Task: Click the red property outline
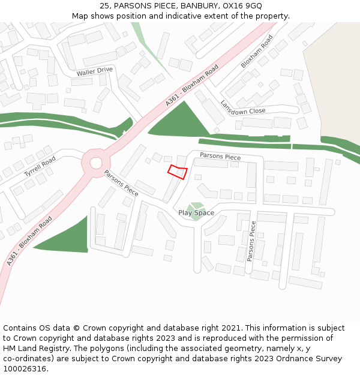coord(177,172)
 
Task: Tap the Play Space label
coord(196,213)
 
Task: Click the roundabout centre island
coord(96,163)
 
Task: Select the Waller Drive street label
coord(94,71)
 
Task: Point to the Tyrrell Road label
coord(40,166)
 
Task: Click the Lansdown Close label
coord(242,107)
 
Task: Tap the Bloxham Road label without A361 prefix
coord(257,51)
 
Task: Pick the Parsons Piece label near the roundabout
coord(121,183)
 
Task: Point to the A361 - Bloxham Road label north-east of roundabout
coord(192,86)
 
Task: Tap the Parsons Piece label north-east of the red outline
coord(220,157)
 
